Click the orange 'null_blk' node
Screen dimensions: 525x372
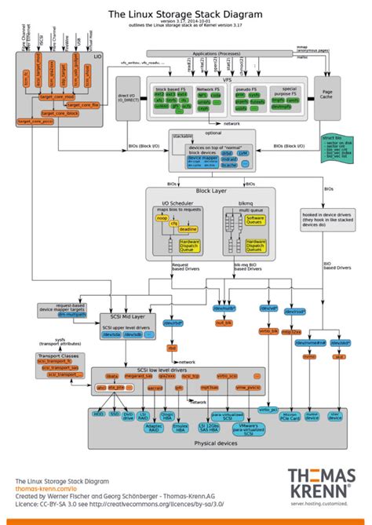point(224,323)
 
